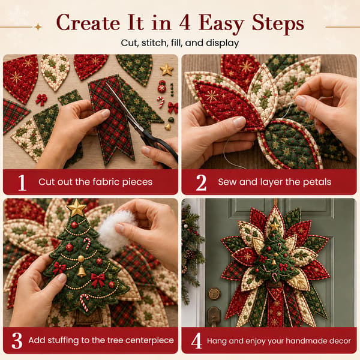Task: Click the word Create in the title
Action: click(x=88, y=23)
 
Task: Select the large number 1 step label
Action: click(x=22, y=182)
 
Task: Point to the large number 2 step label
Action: click(x=201, y=182)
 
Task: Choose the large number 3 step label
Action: click(x=17, y=341)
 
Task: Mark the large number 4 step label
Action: click(x=196, y=341)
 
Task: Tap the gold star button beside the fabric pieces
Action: click(x=167, y=70)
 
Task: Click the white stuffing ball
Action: click(x=116, y=232)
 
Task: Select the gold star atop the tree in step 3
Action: click(x=76, y=208)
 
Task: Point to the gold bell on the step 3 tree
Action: click(x=82, y=271)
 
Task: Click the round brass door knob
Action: click(x=214, y=293)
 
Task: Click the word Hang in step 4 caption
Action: click(x=217, y=341)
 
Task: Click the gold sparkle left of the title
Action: click(x=38, y=27)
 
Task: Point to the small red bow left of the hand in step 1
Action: click(x=41, y=100)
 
